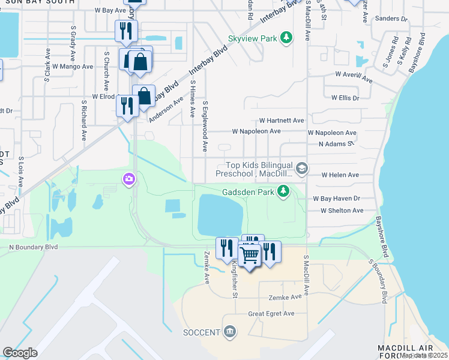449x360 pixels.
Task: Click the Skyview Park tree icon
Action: (x=287, y=38)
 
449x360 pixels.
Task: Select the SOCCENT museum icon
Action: (x=229, y=332)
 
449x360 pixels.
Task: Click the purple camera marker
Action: (x=129, y=179)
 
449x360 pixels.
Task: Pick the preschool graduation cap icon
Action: (x=301, y=169)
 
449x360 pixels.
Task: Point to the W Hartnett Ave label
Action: (x=282, y=121)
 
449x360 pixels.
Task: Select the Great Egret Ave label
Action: (x=272, y=313)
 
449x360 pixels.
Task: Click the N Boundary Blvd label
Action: (x=34, y=247)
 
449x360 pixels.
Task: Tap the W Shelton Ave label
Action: (x=342, y=211)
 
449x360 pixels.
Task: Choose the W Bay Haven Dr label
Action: (x=336, y=199)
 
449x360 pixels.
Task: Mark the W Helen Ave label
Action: (x=340, y=175)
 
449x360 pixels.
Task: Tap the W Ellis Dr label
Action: (x=340, y=98)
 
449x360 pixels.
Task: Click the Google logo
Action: (x=20, y=353)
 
